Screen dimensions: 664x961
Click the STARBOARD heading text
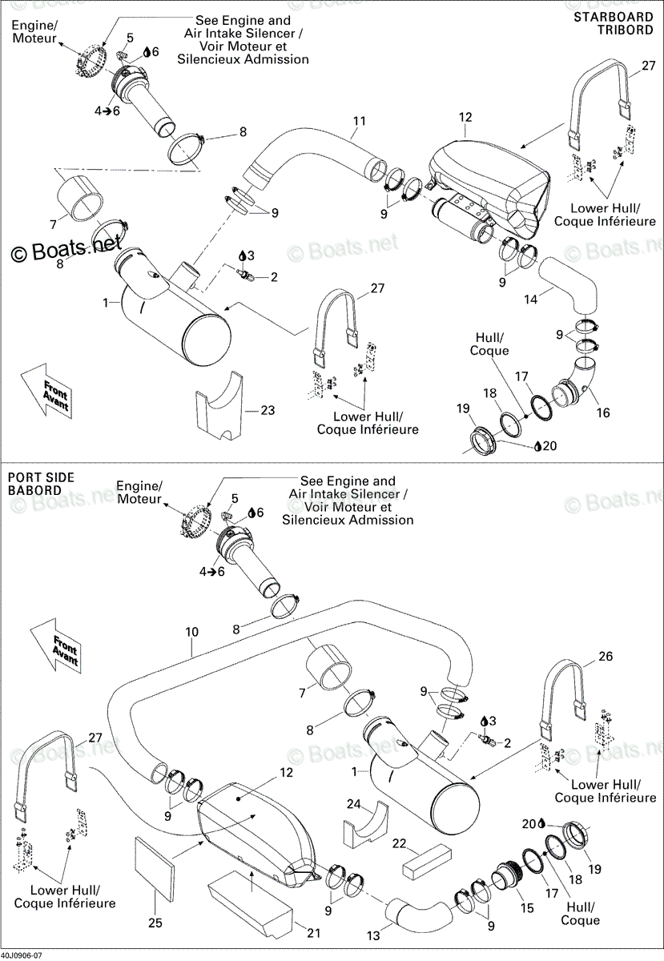pyautogui.click(x=614, y=17)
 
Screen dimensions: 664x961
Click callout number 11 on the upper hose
pyautogui.click(x=360, y=122)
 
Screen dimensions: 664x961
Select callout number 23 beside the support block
pyautogui.click(x=268, y=410)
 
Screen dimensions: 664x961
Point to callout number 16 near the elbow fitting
pyautogui.click(x=603, y=412)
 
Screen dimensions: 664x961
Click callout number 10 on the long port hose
pyautogui.click(x=192, y=632)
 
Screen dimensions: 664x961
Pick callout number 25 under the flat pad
pyautogui.click(x=155, y=923)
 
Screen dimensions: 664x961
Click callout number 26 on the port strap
pyautogui.click(x=606, y=657)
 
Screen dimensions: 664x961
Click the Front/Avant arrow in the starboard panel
pyautogui.click(x=46, y=392)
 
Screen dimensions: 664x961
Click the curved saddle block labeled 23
pyautogui.click(x=219, y=406)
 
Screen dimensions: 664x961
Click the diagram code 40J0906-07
pyautogui.click(x=22, y=957)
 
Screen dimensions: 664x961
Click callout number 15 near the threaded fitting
pyautogui.click(x=527, y=908)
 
